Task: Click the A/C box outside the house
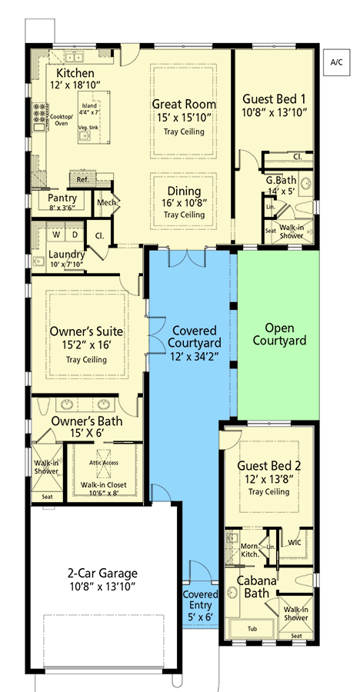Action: (335, 61)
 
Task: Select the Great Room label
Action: (183, 104)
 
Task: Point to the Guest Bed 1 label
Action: (275, 99)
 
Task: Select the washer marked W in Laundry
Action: (55, 235)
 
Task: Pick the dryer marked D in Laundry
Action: (75, 235)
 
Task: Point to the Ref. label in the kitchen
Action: (82, 179)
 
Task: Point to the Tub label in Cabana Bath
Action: (251, 628)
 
